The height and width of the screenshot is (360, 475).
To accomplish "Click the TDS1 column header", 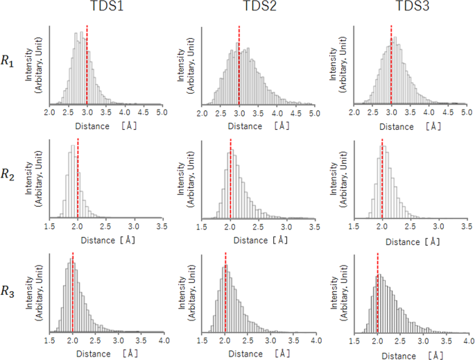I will tap(103, 9).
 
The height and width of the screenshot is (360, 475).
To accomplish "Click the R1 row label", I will tap(8, 62).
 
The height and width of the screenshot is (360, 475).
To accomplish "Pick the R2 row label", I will tap(8, 175).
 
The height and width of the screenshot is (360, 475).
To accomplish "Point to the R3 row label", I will tap(8, 291).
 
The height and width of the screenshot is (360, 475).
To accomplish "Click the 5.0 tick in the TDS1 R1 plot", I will tap(160, 112).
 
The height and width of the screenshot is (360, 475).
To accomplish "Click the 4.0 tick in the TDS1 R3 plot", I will tap(163, 342).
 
